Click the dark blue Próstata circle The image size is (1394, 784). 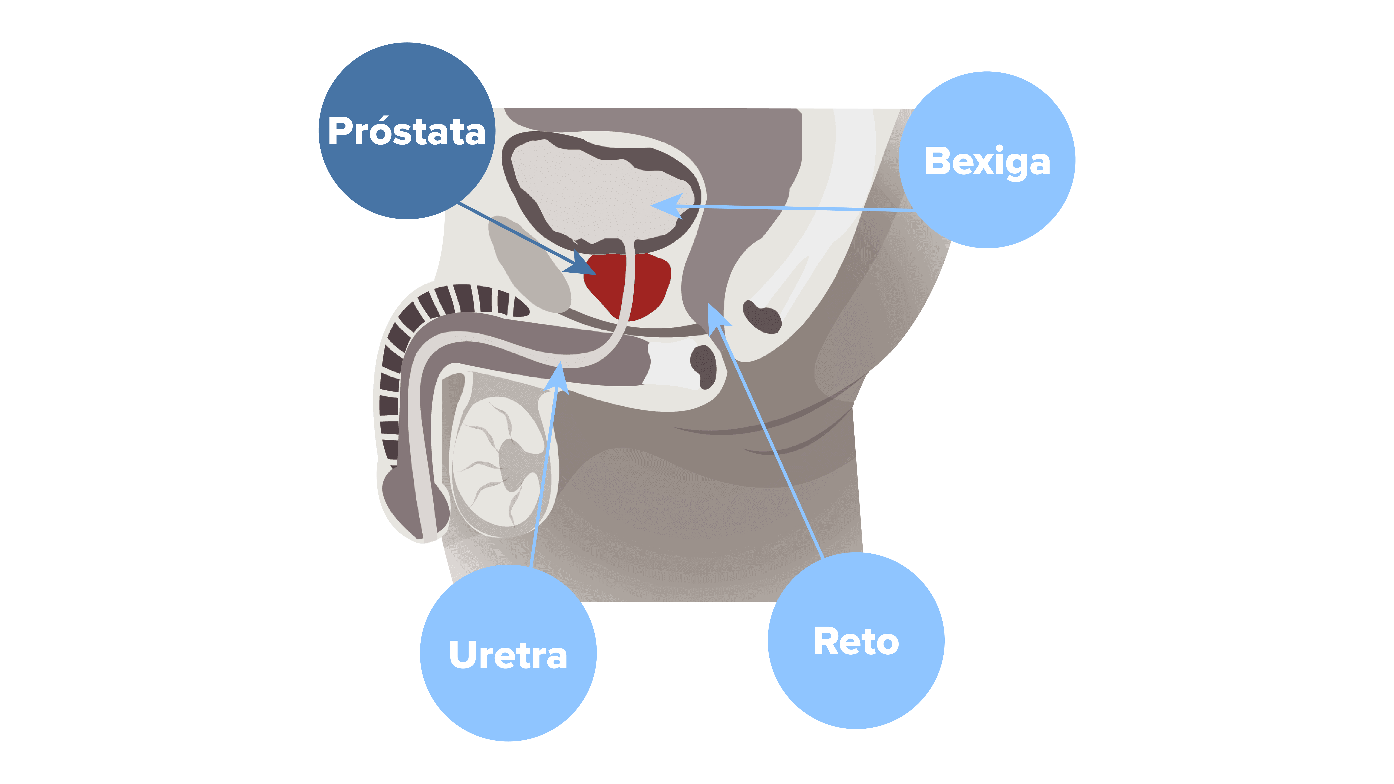[x=407, y=131]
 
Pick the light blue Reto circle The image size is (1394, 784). [x=856, y=641]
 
